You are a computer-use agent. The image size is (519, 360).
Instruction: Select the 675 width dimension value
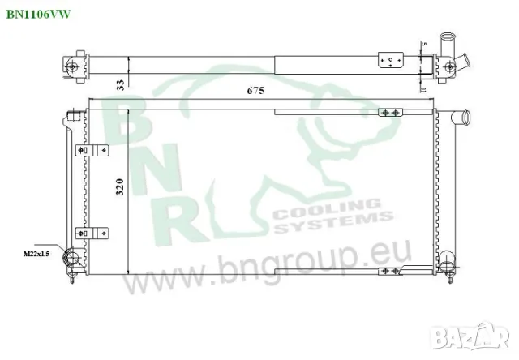click(x=256, y=92)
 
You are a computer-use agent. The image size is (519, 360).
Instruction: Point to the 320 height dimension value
click(x=120, y=187)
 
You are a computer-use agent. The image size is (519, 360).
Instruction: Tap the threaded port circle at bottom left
click(x=71, y=257)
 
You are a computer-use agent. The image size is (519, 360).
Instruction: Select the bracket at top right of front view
click(x=389, y=112)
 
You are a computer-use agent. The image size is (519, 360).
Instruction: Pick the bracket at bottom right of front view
click(x=389, y=271)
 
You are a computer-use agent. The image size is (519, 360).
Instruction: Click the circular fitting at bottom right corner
click(x=445, y=264)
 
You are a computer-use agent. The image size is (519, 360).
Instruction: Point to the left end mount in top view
click(x=75, y=64)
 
